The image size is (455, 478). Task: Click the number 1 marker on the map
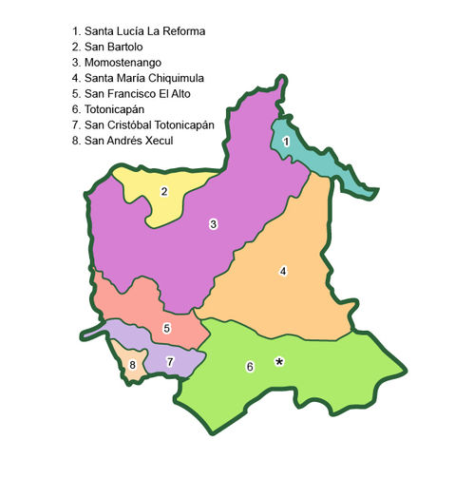[x=286, y=142]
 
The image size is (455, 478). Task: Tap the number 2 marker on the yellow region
[x=164, y=191]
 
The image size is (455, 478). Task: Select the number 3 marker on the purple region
[x=214, y=223]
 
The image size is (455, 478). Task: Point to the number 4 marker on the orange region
[x=283, y=272]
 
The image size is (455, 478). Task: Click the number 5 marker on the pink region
[x=166, y=329]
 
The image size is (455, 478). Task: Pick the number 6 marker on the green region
[x=250, y=367]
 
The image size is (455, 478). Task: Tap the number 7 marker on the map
[x=170, y=361]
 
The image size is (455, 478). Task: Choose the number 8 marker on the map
[x=133, y=365]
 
